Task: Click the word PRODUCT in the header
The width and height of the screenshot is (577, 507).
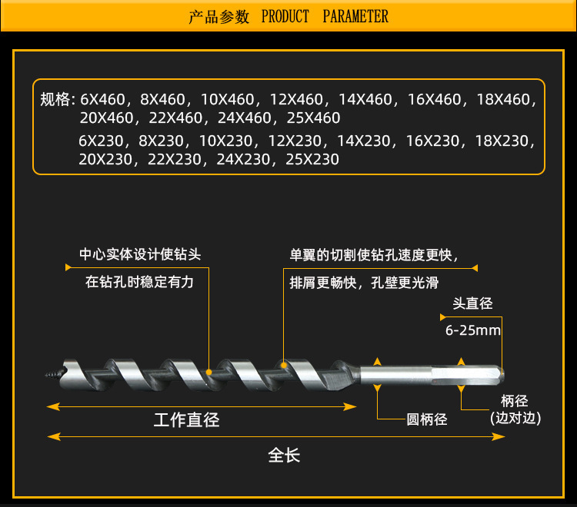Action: [x=285, y=16]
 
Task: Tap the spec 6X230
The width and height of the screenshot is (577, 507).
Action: [x=104, y=141]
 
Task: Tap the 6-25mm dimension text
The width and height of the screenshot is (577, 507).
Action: [x=472, y=331]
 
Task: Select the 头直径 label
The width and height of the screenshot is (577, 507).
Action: [x=472, y=303]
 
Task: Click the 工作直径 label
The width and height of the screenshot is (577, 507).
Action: [x=186, y=419]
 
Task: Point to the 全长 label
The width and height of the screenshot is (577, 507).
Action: [x=284, y=455]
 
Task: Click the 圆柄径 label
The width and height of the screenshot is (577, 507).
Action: [x=426, y=419]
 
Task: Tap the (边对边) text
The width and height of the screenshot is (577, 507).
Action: [x=515, y=419]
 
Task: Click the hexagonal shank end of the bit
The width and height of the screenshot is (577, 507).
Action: [x=469, y=375]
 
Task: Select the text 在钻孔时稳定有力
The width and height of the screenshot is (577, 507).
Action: [x=139, y=282]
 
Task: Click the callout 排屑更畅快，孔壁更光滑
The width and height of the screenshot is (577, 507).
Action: [x=364, y=282]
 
